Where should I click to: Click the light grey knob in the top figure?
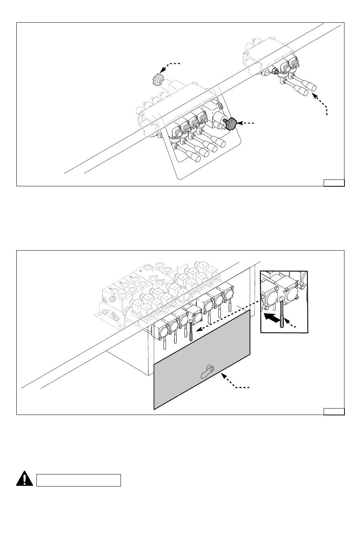click(x=157, y=80)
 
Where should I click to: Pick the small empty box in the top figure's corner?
click(x=334, y=183)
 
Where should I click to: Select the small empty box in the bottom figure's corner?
click(x=334, y=412)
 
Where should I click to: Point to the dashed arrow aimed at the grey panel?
click(x=235, y=382)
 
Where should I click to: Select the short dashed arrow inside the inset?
click(x=291, y=323)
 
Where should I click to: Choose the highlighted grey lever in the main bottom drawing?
click(x=191, y=328)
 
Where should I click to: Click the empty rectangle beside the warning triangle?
click(x=78, y=480)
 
